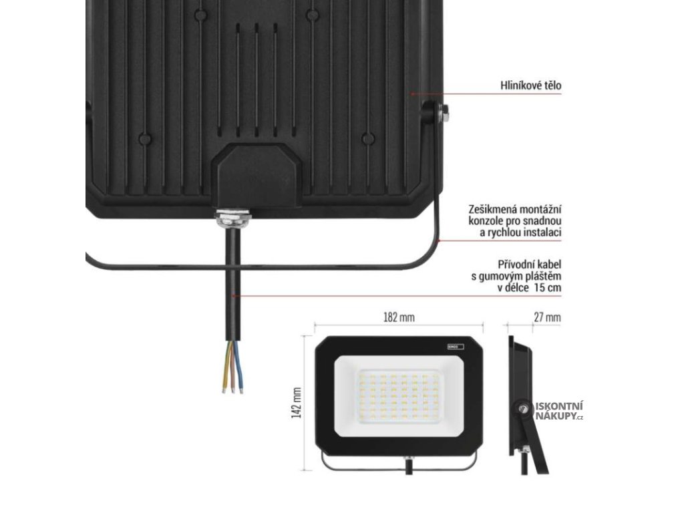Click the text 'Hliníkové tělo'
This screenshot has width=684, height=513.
pyautogui.click(x=531, y=85)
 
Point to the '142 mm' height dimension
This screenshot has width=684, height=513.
pyautogui.click(x=297, y=403)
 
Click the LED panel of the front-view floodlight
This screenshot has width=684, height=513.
pyautogui.click(x=399, y=397)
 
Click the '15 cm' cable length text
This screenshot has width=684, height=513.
pyautogui.click(x=546, y=287)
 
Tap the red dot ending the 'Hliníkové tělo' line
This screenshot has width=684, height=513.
pyautogui.click(x=413, y=94)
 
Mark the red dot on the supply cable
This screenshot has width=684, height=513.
pyautogui.click(x=233, y=295)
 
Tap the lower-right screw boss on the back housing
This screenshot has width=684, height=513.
pyautogui.click(x=367, y=138)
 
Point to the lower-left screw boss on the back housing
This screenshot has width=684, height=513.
pyautogui.click(x=144, y=138)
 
